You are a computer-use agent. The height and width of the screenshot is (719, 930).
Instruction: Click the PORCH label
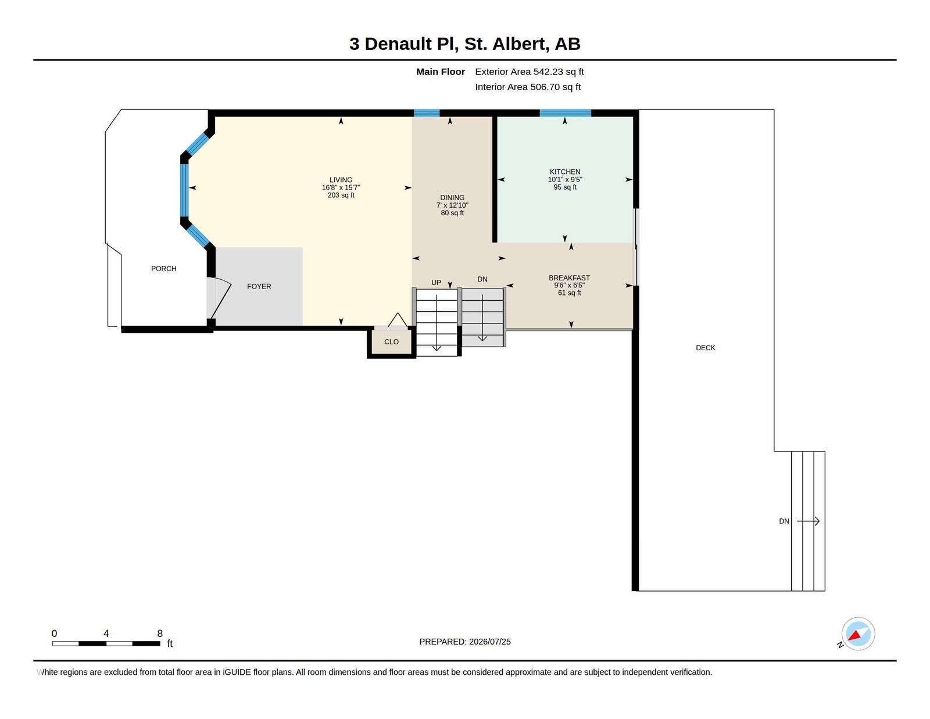163,269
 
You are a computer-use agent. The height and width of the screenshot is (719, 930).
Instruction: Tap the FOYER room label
259,286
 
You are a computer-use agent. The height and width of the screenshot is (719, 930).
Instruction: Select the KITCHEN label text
565,172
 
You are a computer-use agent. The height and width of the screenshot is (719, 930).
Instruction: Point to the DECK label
705,348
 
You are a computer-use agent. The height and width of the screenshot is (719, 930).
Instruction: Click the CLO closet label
391,341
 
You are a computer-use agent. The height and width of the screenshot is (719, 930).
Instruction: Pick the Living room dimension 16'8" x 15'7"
341,187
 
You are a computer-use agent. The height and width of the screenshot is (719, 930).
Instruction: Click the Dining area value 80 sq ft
452,213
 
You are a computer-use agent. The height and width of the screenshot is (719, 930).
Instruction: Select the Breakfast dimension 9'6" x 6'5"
569,285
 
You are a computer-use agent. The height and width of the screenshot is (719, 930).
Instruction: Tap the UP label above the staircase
436,283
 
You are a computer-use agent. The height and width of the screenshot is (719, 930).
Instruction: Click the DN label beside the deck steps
784,521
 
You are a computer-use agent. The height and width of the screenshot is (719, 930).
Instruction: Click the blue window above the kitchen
566,113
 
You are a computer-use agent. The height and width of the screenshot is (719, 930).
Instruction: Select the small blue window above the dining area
427,113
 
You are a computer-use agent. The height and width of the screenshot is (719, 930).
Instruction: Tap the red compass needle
854,635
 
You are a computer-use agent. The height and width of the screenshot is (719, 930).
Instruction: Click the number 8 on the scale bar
160,633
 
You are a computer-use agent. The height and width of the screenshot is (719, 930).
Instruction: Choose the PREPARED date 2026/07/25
490,642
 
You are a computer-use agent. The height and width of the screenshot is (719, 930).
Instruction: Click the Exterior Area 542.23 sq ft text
530,72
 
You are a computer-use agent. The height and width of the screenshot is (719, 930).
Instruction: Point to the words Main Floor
441,72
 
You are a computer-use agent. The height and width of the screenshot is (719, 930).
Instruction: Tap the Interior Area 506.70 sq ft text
528,87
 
